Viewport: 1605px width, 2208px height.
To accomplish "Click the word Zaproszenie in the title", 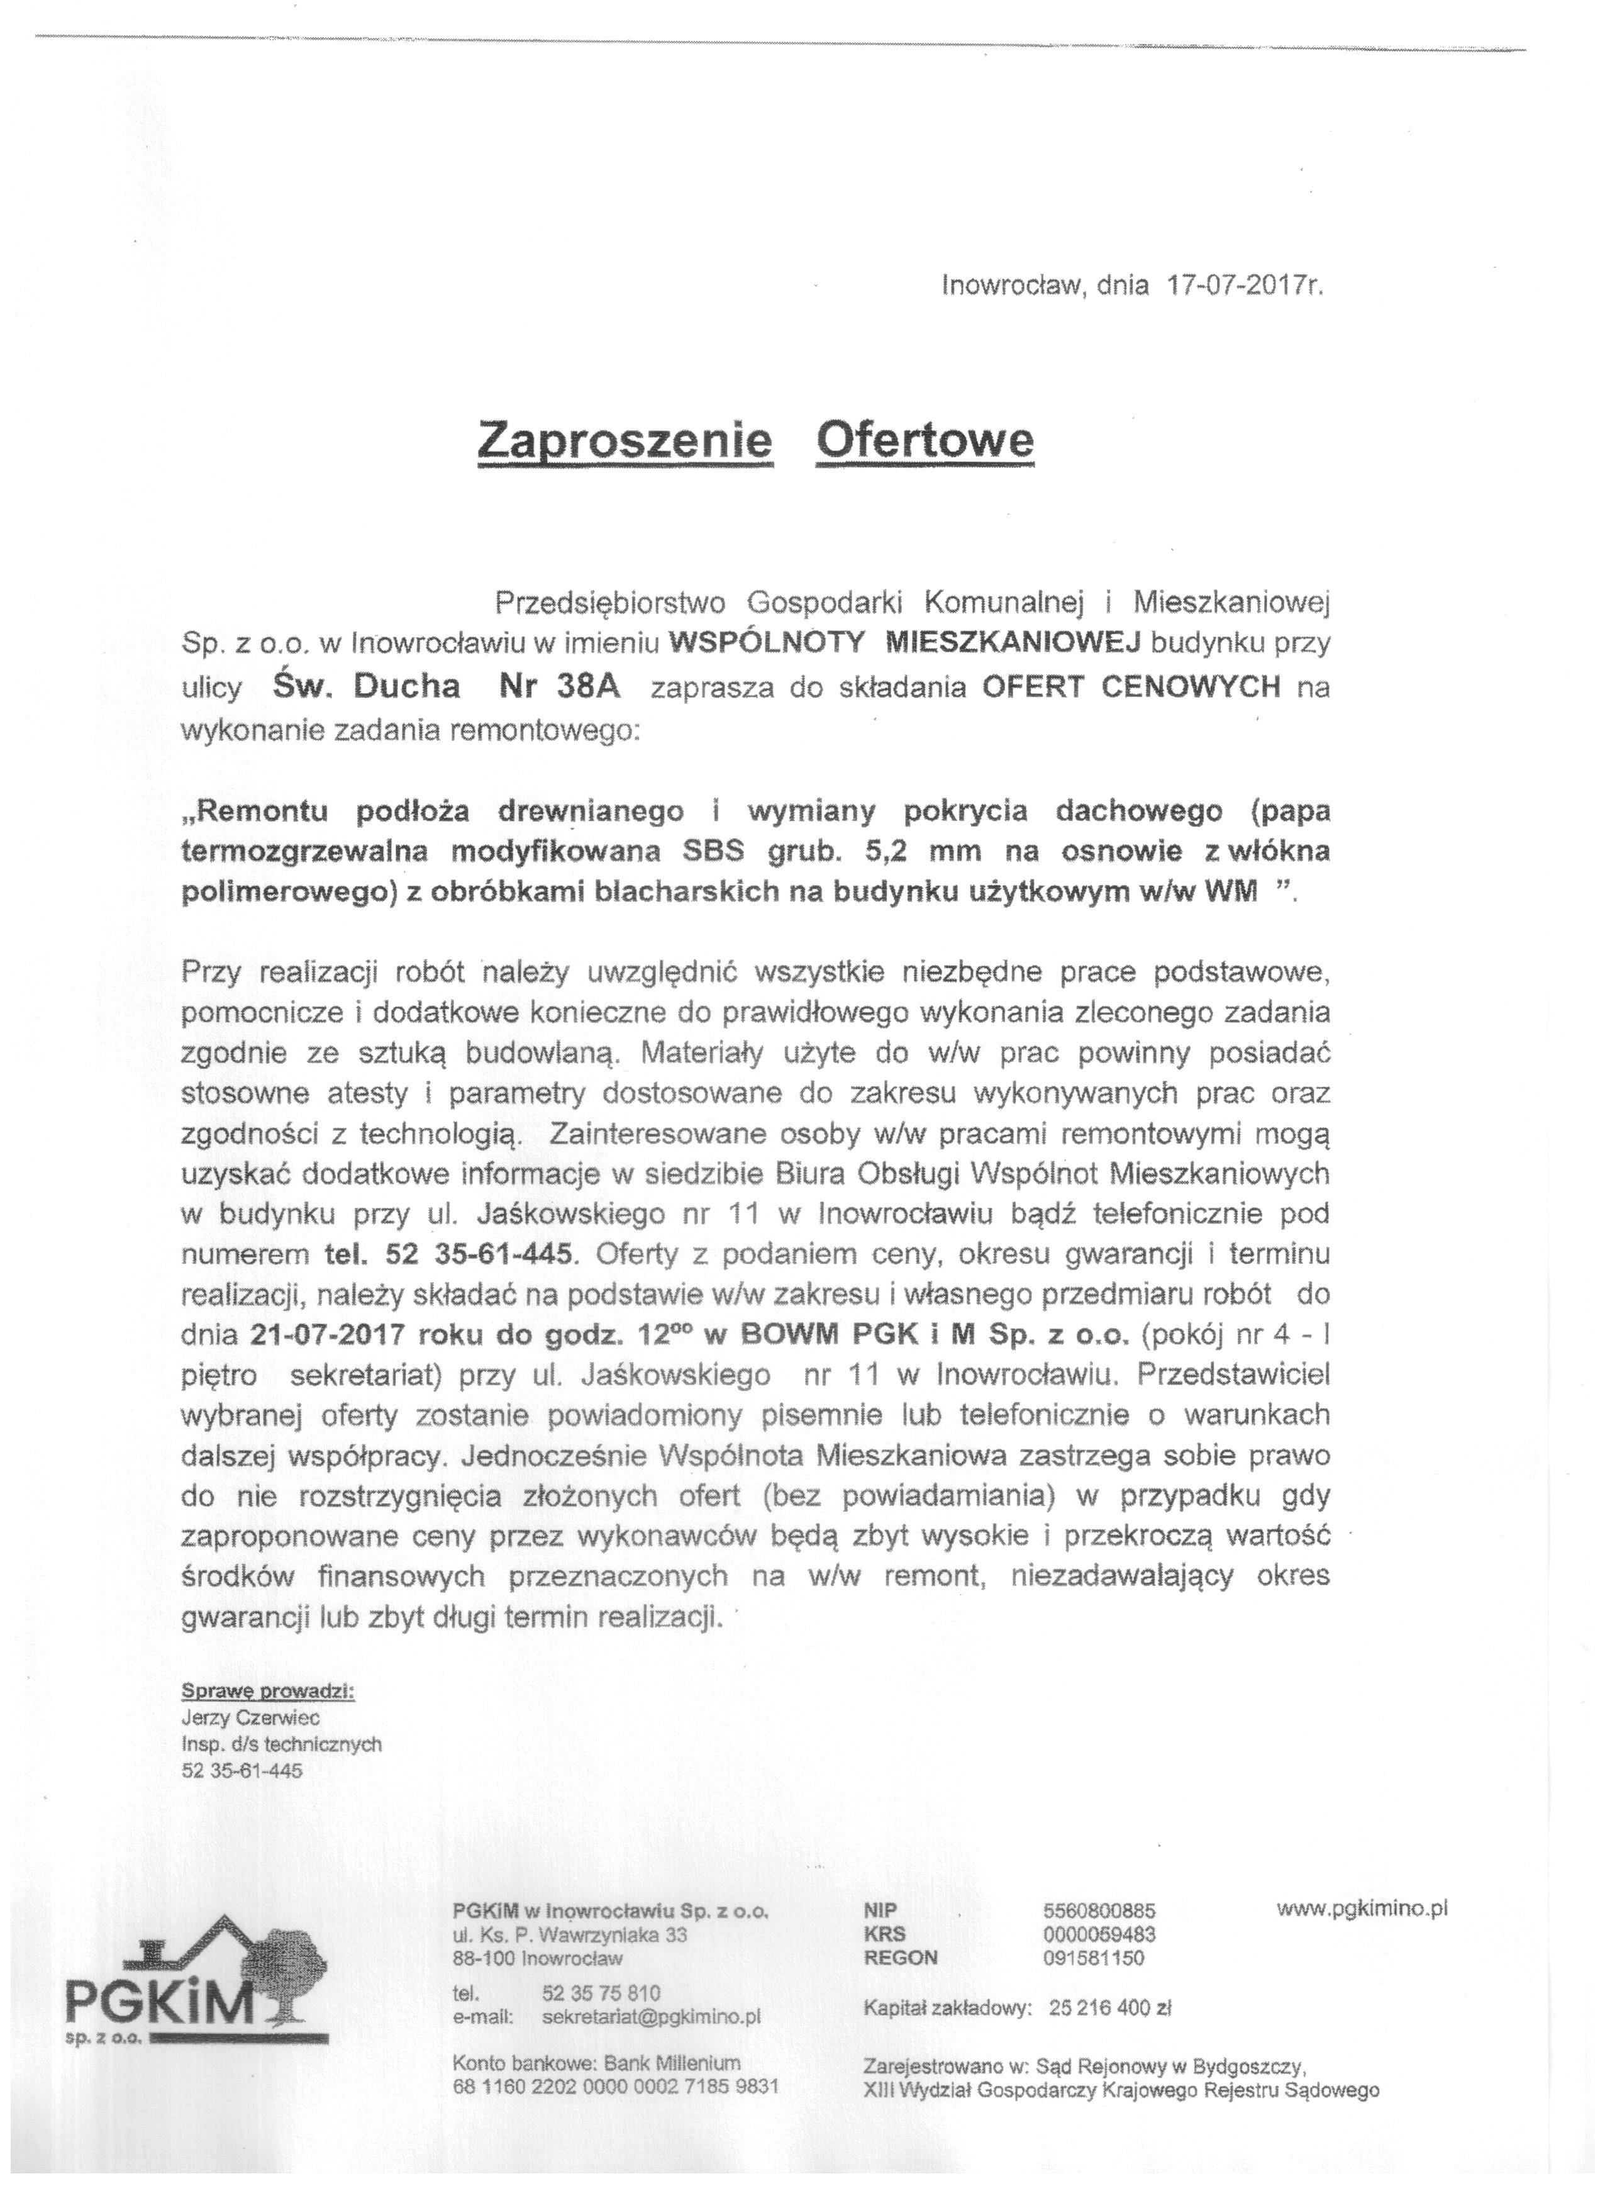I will click(626, 442).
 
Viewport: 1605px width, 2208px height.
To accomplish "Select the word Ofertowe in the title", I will click(924, 442).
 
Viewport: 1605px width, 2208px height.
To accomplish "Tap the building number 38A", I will click(587, 688).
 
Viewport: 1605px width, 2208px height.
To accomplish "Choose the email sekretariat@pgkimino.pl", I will click(651, 2016).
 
